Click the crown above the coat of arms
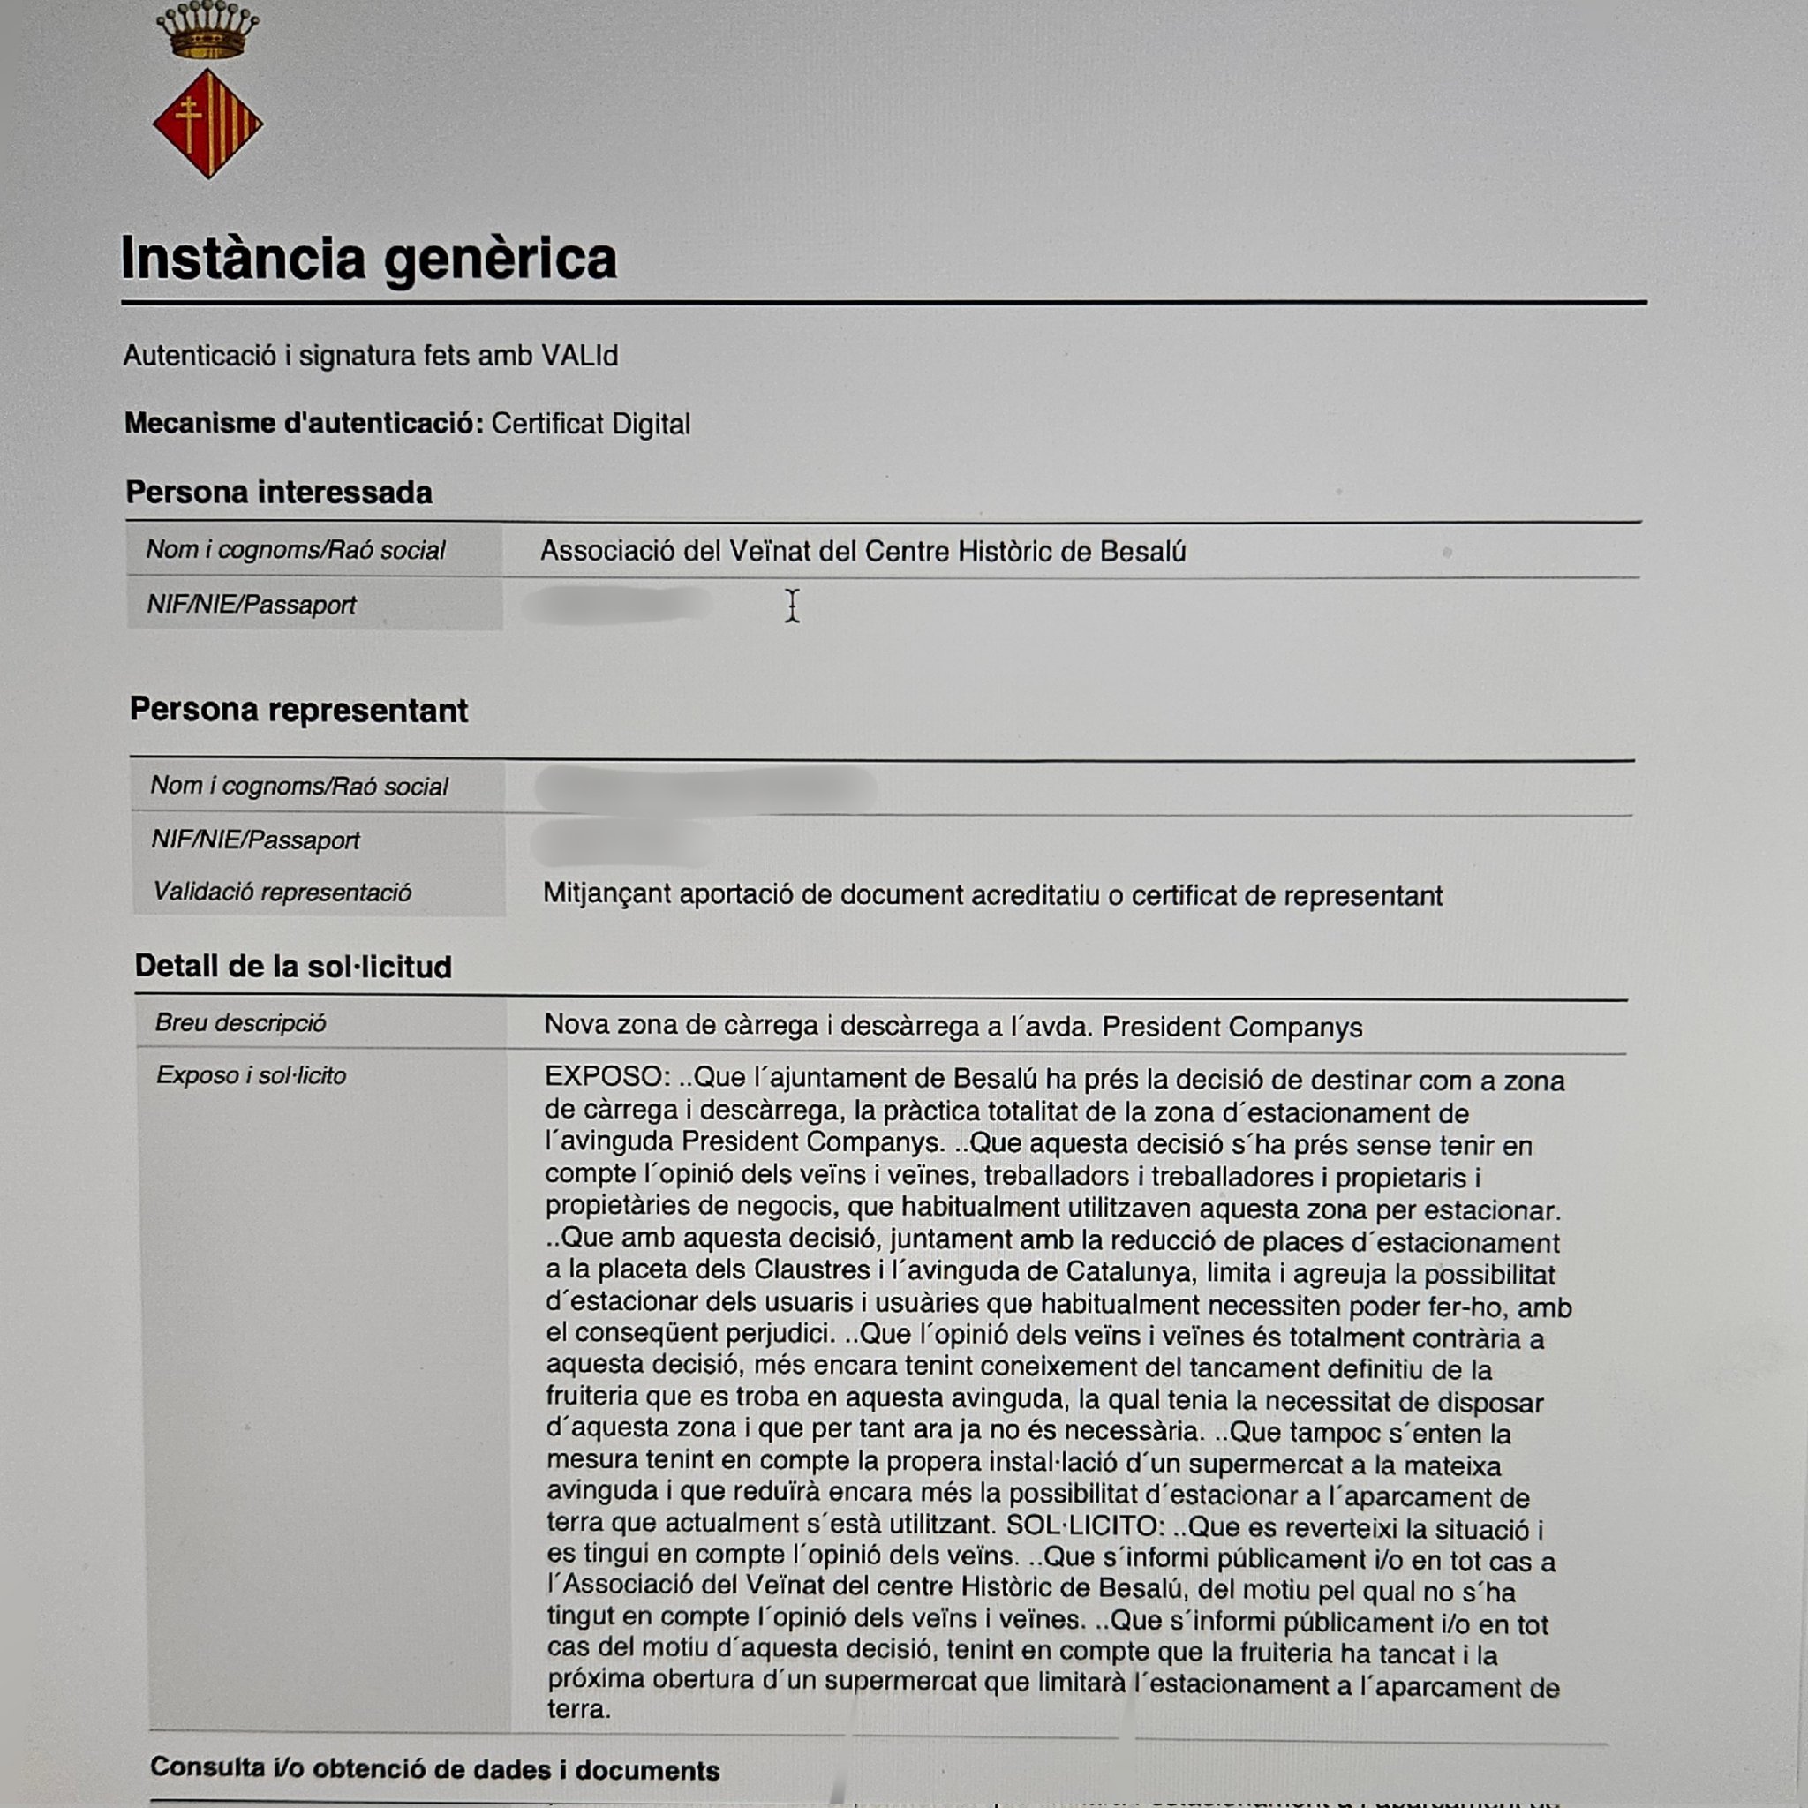click(x=207, y=30)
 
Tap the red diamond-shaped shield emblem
click(x=207, y=123)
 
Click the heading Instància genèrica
click(x=369, y=259)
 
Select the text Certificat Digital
click(x=591, y=424)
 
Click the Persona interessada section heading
click(x=279, y=493)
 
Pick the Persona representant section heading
click(x=298, y=710)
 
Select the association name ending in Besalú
click(x=862, y=551)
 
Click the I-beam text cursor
click(x=793, y=606)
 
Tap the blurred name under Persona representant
click(x=705, y=788)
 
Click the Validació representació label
click(x=282, y=892)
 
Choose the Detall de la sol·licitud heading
click(x=293, y=966)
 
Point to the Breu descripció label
click(x=240, y=1023)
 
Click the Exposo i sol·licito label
click(x=251, y=1075)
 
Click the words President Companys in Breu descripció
click(x=1232, y=1028)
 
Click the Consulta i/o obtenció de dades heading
click(x=434, y=1768)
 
